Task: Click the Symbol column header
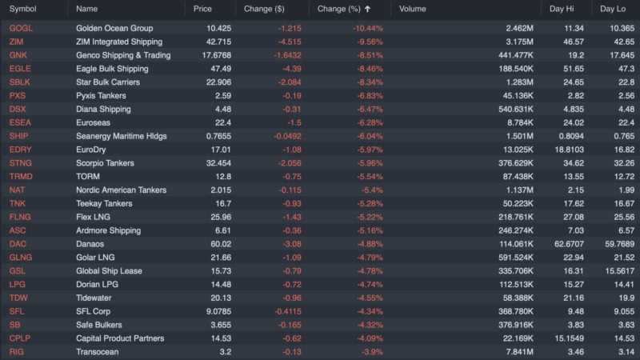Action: point(22,9)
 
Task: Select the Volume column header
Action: point(413,9)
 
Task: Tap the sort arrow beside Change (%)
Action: point(368,9)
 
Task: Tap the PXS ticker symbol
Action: point(18,95)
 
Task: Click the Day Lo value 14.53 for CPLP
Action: point(614,338)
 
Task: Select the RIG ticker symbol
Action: point(17,351)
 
